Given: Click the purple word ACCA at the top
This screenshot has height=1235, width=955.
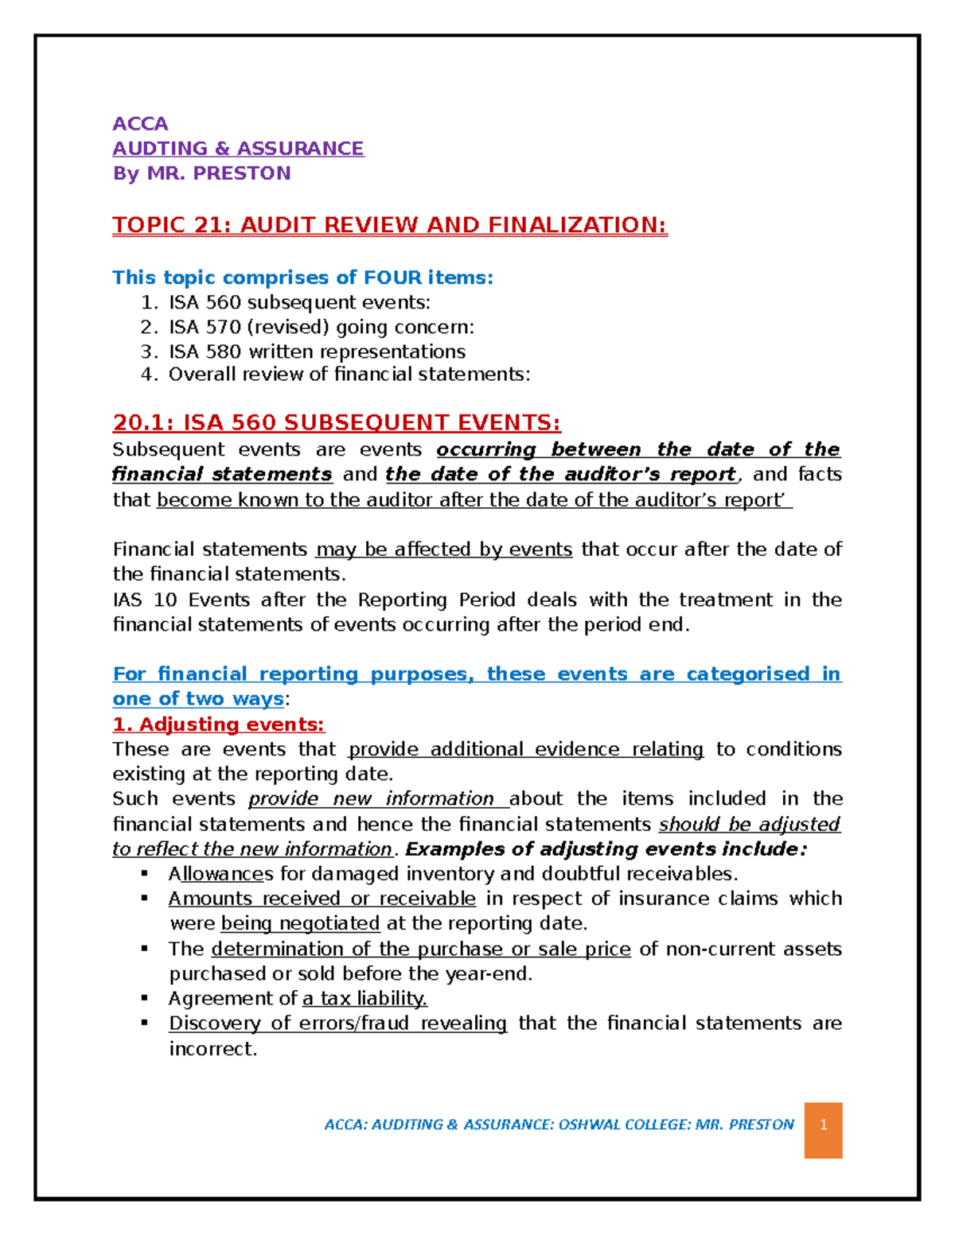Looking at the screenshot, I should click(x=140, y=123).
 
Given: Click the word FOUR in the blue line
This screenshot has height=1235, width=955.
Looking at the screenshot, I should click(x=393, y=278).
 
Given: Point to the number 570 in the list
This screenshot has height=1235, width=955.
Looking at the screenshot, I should click(x=224, y=327).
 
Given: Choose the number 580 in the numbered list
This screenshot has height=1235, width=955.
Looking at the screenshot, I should click(x=224, y=351).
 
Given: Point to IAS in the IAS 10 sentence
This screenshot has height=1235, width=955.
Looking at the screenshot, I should click(x=127, y=600).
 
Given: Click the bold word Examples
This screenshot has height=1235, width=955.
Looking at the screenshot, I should click(x=446, y=849).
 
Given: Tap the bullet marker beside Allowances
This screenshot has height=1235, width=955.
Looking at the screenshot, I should click(x=145, y=873).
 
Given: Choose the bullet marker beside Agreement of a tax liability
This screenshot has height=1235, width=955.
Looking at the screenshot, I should click(x=145, y=998).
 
